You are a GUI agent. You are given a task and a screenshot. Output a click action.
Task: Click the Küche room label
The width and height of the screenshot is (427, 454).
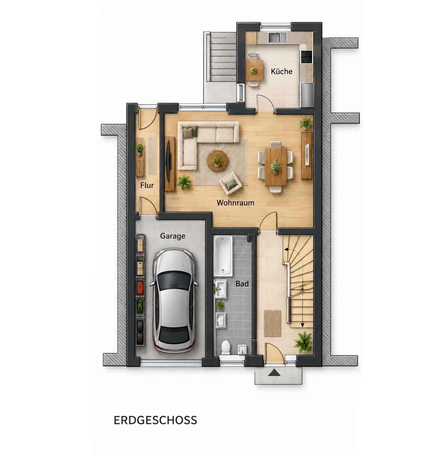[x=281, y=71]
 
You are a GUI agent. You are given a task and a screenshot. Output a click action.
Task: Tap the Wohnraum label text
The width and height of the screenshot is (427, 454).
[x=235, y=202]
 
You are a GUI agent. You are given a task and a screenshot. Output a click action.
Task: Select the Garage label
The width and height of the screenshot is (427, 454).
[x=172, y=236]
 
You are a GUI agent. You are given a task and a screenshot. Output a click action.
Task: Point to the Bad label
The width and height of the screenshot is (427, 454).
[x=242, y=284]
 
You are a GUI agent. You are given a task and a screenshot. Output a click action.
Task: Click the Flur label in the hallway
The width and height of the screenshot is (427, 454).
[x=147, y=185]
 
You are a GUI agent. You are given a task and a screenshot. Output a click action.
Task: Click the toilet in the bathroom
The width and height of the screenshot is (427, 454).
[x=226, y=348]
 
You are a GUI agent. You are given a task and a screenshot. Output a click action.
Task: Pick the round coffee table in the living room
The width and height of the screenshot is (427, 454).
[x=217, y=161]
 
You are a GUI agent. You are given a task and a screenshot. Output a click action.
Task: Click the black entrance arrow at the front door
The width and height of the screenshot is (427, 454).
[x=274, y=373]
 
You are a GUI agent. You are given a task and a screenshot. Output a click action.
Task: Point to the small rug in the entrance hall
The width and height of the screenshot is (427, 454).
[x=273, y=323]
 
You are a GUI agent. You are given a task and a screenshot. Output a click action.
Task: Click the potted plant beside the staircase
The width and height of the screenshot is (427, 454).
[x=303, y=342]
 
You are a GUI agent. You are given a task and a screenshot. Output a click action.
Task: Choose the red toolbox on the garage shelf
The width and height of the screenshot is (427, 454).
[x=140, y=287]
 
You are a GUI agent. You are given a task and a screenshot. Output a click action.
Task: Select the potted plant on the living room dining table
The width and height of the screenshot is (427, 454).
[x=276, y=166]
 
